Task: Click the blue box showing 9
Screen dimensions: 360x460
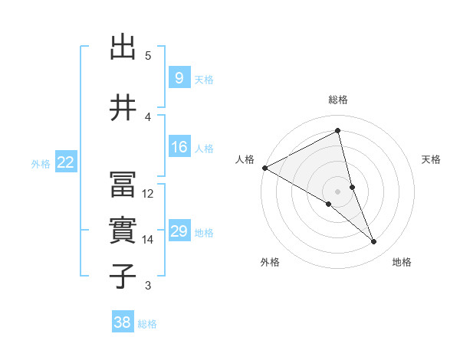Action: tap(178, 78)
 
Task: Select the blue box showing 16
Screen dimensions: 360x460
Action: tap(179, 147)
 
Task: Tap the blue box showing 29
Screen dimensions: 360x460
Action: tap(179, 231)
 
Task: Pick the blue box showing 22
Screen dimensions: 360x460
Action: tap(65, 162)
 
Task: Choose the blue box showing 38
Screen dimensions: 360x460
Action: tap(122, 323)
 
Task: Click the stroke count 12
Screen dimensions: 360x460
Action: tap(148, 194)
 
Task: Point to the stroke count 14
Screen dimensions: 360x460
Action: tap(148, 240)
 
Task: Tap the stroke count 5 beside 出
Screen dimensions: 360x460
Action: tap(148, 56)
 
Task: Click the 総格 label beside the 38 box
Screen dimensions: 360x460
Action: tap(147, 324)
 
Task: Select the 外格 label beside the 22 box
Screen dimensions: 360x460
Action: tap(41, 163)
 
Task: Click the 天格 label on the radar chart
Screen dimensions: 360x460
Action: tap(432, 159)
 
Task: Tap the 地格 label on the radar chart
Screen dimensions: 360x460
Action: tap(402, 262)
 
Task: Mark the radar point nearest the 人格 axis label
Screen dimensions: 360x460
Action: tap(264, 167)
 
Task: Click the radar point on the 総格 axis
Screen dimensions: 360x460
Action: tap(338, 132)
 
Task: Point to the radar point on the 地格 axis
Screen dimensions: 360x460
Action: tap(374, 242)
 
